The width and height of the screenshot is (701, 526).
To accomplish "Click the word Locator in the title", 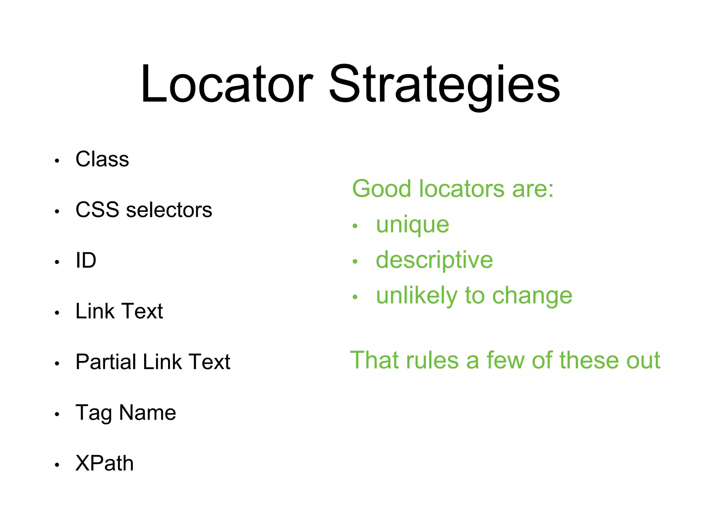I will click(226, 84).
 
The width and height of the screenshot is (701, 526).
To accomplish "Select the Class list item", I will click(102, 159).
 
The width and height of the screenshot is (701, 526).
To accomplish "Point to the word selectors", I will click(169, 210).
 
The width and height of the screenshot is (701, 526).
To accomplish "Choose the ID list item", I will click(86, 260).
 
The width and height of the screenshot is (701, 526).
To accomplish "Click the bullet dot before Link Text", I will click(57, 312).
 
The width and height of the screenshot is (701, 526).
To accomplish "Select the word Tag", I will click(93, 413).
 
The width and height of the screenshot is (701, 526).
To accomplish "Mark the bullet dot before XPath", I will click(57, 465).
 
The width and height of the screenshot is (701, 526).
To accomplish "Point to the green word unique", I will click(412, 225).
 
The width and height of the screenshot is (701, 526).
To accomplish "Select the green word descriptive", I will click(434, 260).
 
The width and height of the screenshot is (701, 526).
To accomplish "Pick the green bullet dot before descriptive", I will click(355, 262).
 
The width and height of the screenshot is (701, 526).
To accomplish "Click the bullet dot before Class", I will click(57, 161).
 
